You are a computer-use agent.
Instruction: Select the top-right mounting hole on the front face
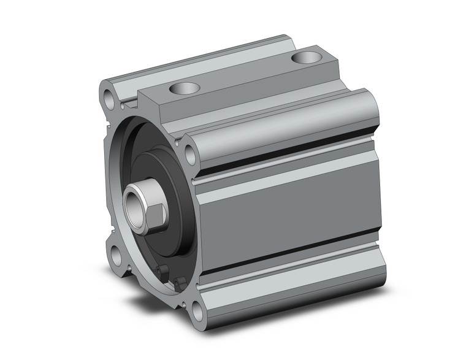(191, 155)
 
